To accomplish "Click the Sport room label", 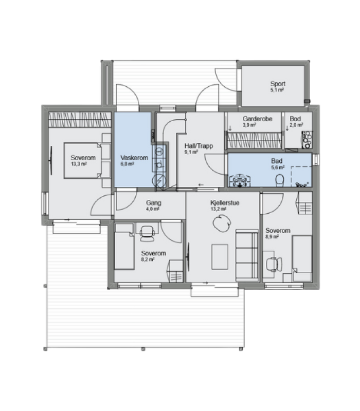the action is point(278,84).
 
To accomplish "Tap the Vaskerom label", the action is point(134,158).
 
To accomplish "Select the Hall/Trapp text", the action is point(199,146).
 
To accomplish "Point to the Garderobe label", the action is point(258,119).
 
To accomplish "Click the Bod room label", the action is point(295,119).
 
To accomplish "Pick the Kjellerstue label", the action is point(225,202).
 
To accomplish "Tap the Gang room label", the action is point(153,202).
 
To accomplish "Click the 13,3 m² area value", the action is point(79,164).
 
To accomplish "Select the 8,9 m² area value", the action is point(272,237).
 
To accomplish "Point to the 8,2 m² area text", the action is point(148,259).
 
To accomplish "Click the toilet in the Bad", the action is point(280,180).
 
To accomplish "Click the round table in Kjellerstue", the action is point(222,223).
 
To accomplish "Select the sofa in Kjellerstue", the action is point(247,255).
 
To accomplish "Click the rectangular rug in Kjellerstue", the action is point(220,257).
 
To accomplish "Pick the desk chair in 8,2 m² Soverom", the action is point(147,233).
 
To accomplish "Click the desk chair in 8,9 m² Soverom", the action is point(274,264).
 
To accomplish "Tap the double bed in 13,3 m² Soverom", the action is point(83,161).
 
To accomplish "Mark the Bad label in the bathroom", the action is point(277,161).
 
